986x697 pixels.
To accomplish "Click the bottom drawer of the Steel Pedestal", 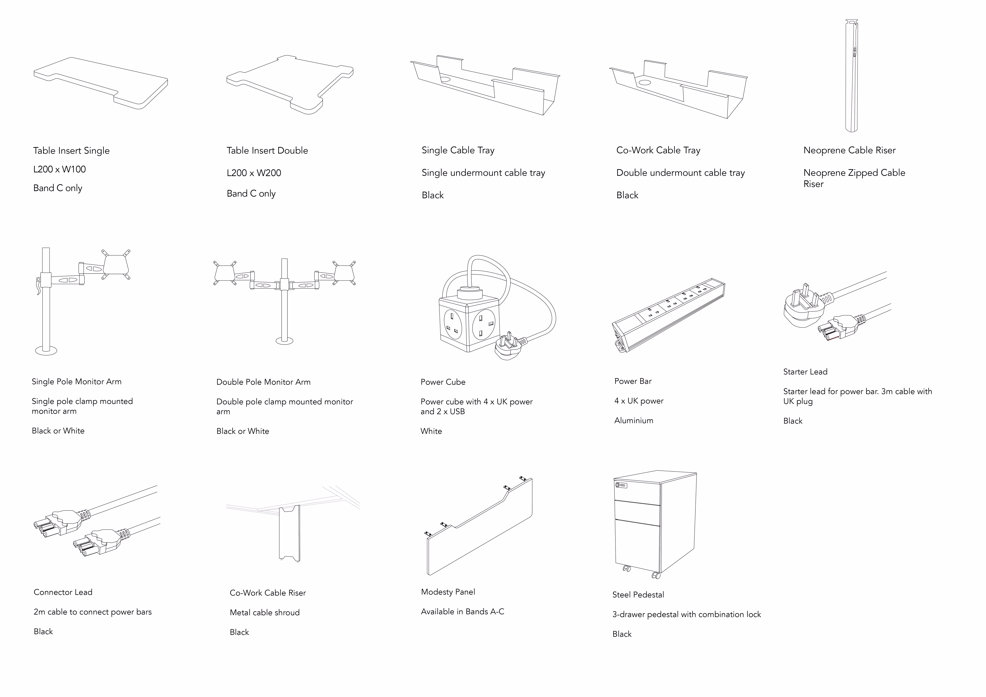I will tap(637, 543).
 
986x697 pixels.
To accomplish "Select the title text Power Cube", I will tap(443, 382).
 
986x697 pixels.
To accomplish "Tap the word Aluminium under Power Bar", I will tap(633, 420).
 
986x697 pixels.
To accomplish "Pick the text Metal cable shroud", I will tap(264, 612).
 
